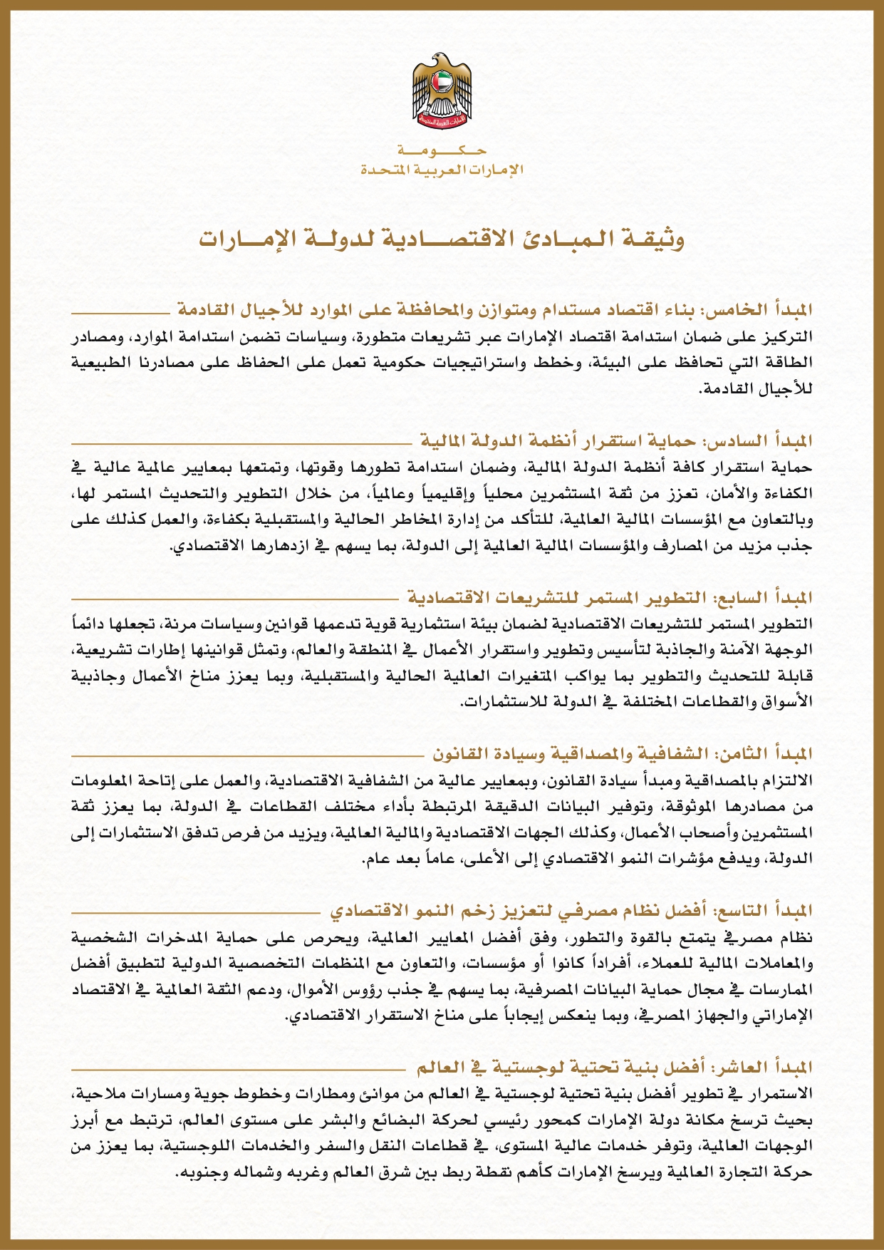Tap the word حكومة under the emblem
(442, 152)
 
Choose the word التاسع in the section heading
(738, 911)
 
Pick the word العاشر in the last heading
(737, 1068)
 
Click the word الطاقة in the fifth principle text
(791, 363)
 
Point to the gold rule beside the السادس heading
(242, 443)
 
